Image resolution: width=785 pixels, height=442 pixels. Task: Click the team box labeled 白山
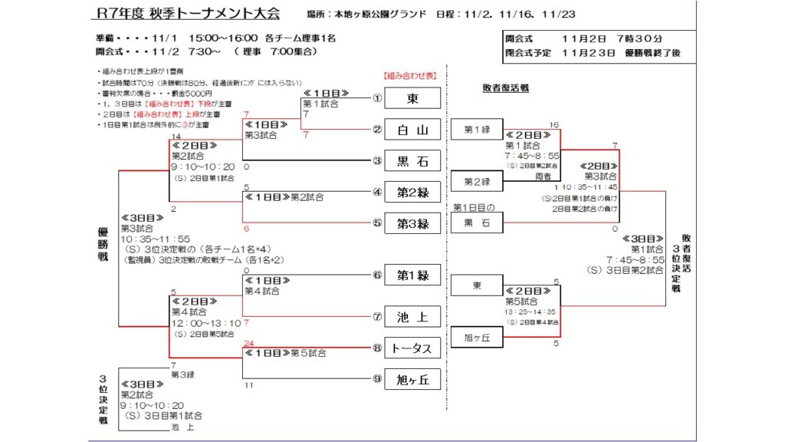412,129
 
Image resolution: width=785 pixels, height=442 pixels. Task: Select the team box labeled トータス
412,348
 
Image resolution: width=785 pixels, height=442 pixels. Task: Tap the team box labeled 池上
412,315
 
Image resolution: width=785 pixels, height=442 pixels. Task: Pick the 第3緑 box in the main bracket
412,224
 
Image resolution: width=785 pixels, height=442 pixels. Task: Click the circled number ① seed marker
377,98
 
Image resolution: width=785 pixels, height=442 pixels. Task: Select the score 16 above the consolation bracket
554,124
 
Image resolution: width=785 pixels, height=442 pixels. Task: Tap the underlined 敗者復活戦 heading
506,88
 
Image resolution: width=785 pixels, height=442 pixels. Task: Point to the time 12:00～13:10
205,323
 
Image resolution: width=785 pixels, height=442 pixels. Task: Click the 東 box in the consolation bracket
477,285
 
